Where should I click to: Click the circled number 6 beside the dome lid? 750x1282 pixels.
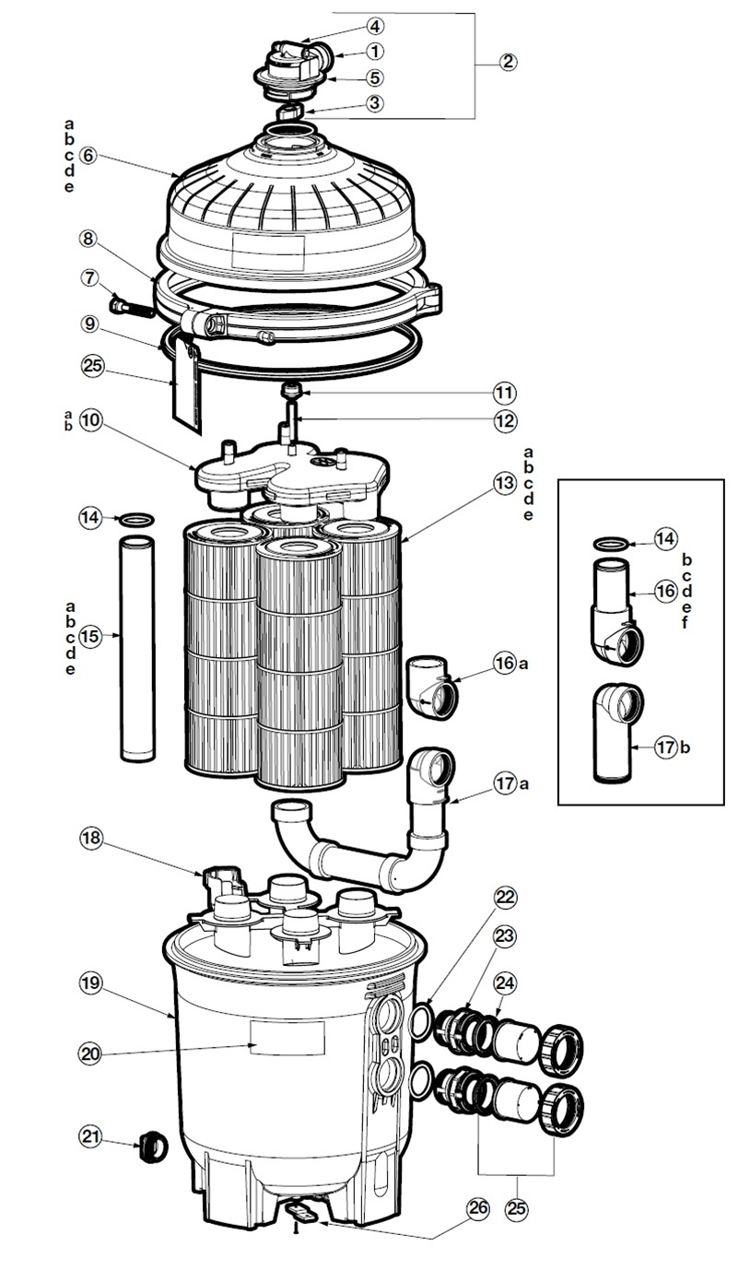pyautogui.click(x=88, y=155)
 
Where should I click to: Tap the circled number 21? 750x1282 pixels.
pyautogui.click(x=90, y=1138)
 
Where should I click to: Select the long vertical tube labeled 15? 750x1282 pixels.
pyautogui.click(x=138, y=650)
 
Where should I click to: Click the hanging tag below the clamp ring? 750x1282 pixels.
pyautogui.click(x=186, y=392)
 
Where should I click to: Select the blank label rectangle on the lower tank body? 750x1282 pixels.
pyautogui.click(x=288, y=1039)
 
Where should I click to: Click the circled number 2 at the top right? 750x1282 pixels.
pyautogui.click(x=508, y=62)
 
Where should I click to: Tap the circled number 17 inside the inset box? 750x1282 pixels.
pyautogui.click(x=665, y=747)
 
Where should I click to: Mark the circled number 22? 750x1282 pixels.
pyautogui.click(x=506, y=897)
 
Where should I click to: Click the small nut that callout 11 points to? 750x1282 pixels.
pyautogui.click(x=293, y=391)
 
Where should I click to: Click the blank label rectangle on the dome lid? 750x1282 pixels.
pyautogui.click(x=268, y=248)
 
